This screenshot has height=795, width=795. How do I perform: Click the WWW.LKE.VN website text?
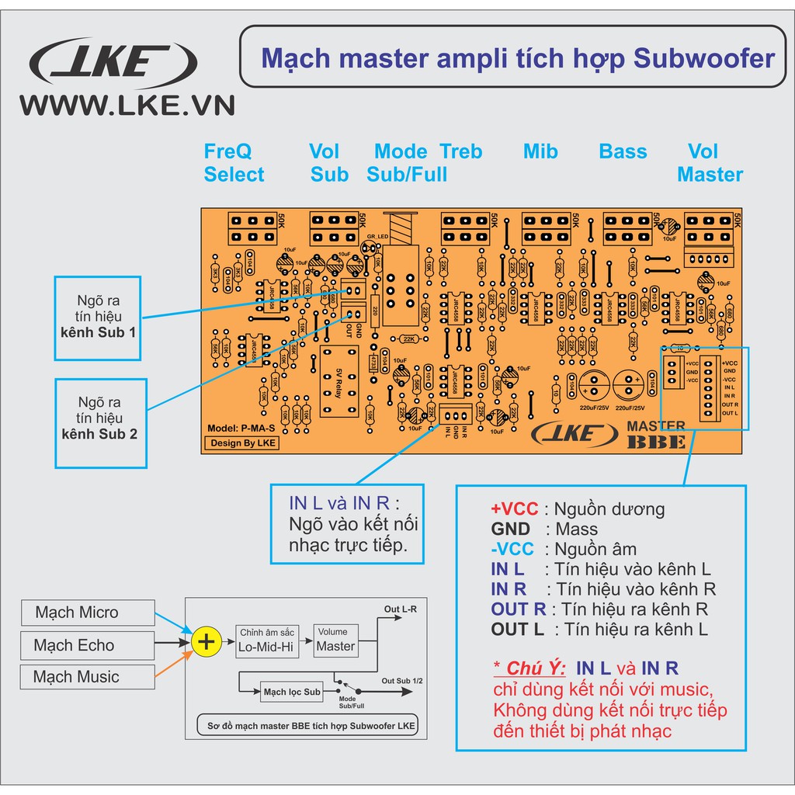pyautogui.click(x=127, y=106)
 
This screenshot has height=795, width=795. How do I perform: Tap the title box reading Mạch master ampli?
pyautogui.click(x=516, y=57)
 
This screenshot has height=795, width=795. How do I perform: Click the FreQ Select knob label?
pyautogui.click(x=234, y=163)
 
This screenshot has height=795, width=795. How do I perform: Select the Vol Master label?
pyautogui.click(x=710, y=163)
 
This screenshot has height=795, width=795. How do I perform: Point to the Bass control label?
pyautogui.click(x=623, y=152)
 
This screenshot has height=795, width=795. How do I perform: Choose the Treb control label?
pyautogui.click(x=461, y=152)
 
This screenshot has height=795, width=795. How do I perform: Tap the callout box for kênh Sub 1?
pyautogui.click(x=98, y=318)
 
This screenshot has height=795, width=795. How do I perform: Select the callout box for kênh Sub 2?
pyautogui.click(x=101, y=423)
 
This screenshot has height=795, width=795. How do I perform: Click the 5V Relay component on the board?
pyautogui.click(x=338, y=382)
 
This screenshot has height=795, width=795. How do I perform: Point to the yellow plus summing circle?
pyautogui.click(x=206, y=642)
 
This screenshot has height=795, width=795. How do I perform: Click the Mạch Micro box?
pyautogui.click(x=87, y=613)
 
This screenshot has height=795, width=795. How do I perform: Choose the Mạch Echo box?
pyautogui.click(x=87, y=645)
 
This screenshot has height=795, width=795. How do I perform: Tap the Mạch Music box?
pyautogui.click(x=87, y=677)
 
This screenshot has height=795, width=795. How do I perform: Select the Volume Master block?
pyautogui.click(x=336, y=640)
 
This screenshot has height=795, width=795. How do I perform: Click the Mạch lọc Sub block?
pyautogui.click(x=292, y=692)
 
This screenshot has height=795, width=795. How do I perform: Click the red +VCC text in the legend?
pyautogui.click(x=514, y=509)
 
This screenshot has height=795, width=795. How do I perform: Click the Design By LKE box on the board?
pyautogui.click(x=241, y=443)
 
